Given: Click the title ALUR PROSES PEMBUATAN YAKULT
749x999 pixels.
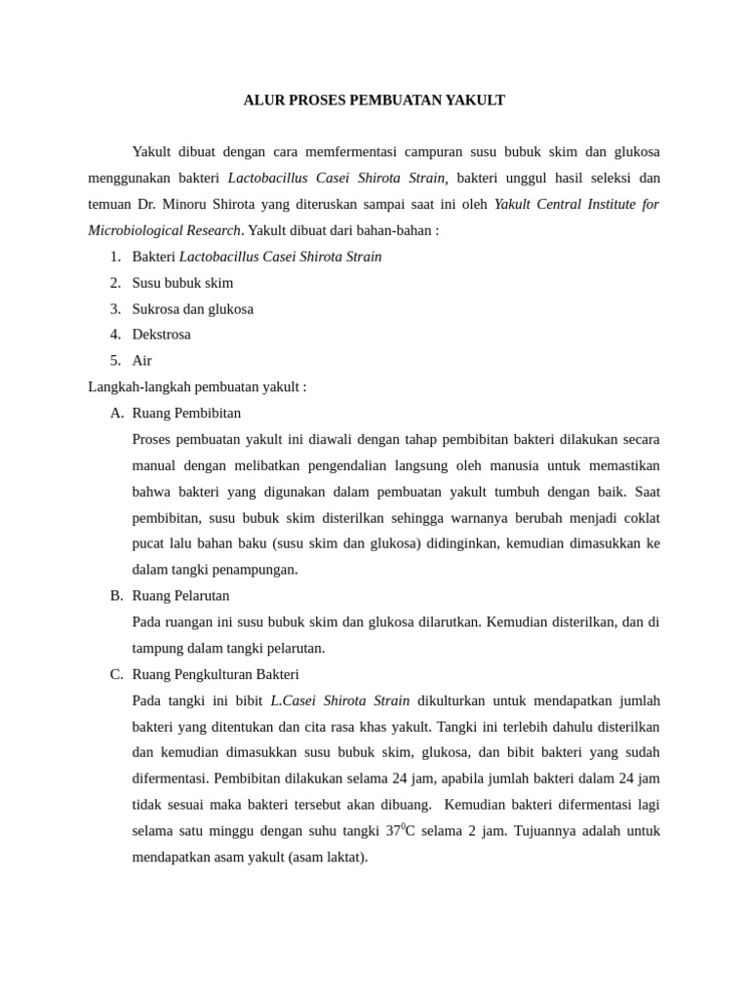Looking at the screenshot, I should [374, 100].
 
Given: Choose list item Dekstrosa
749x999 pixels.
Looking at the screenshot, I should [161, 335].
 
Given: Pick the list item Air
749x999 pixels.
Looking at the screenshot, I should [141, 361].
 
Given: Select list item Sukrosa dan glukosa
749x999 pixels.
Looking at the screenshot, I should [192, 309].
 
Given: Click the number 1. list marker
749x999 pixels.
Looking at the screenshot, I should [115, 257].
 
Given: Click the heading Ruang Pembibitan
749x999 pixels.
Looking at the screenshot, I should [186, 413].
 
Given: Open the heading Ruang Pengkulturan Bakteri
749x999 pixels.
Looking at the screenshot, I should [216, 674].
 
